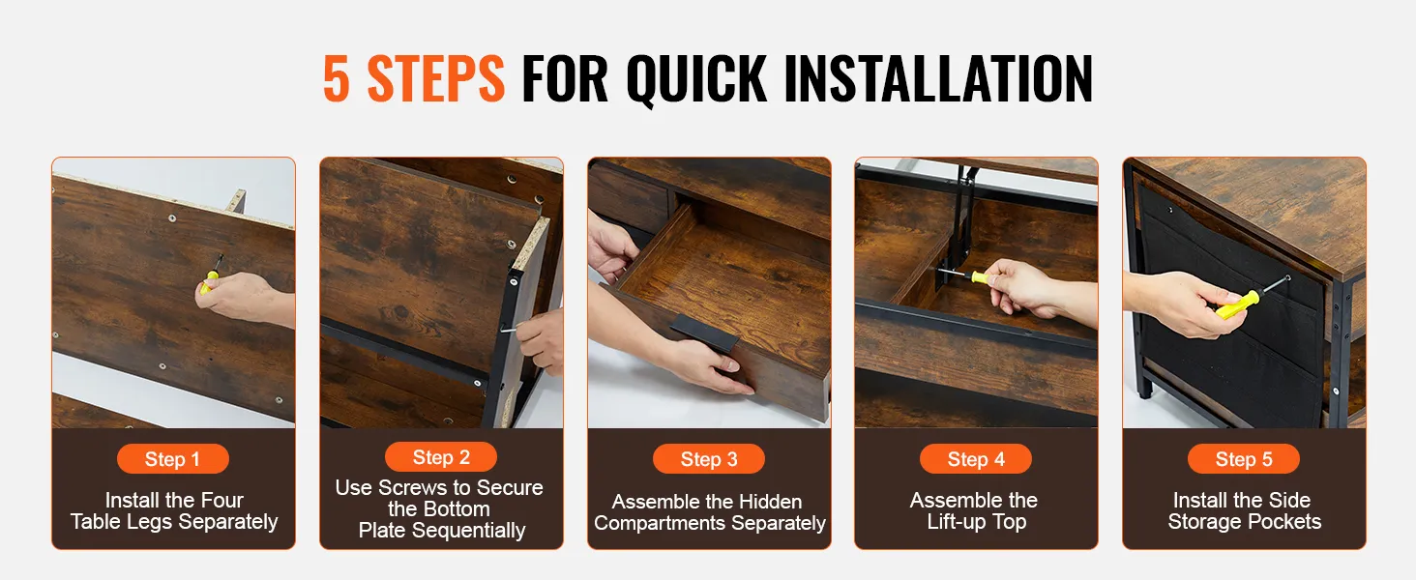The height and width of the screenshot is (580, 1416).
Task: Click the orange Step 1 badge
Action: coord(172,459)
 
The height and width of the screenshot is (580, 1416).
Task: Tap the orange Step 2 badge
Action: coord(441,457)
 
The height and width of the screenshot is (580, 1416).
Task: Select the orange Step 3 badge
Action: coord(709,459)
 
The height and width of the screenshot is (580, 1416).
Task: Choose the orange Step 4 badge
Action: coord(975,459)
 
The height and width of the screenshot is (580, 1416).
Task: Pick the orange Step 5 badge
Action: coord(1244,459)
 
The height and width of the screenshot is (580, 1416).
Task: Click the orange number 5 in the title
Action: coord(337,78)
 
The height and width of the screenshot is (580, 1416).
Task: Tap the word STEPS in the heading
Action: coord(435,78)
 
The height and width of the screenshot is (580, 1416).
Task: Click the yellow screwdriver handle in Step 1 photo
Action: coord(209,282)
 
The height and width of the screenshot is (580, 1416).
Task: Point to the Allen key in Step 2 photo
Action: coord(514,328)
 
